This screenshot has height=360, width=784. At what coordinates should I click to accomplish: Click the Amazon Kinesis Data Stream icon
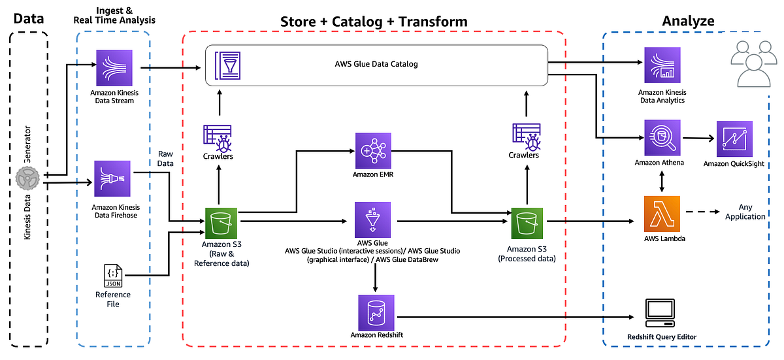114,68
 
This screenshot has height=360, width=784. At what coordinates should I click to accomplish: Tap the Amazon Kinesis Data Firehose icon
114,180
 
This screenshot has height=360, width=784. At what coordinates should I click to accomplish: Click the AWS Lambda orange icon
662,214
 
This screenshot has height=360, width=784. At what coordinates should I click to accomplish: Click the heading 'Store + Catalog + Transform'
374,22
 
